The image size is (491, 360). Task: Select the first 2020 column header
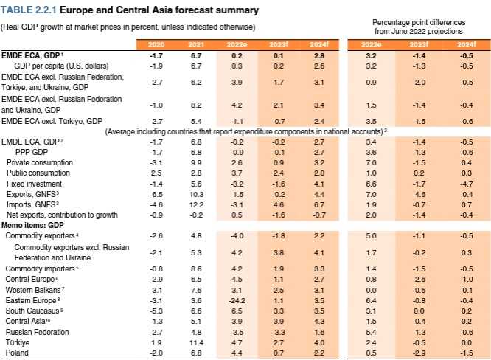coord(156,45)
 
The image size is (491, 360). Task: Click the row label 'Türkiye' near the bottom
coord(15,343)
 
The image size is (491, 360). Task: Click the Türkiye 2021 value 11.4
coord(195,343)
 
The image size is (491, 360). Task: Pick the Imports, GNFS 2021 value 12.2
coord(195,204)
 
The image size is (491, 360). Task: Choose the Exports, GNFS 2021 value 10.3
coord(195,193)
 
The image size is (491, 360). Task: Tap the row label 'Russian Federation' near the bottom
coord(35,333)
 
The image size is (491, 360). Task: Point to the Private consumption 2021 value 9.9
coord(195,162)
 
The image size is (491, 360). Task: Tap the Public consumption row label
coord(35,172)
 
